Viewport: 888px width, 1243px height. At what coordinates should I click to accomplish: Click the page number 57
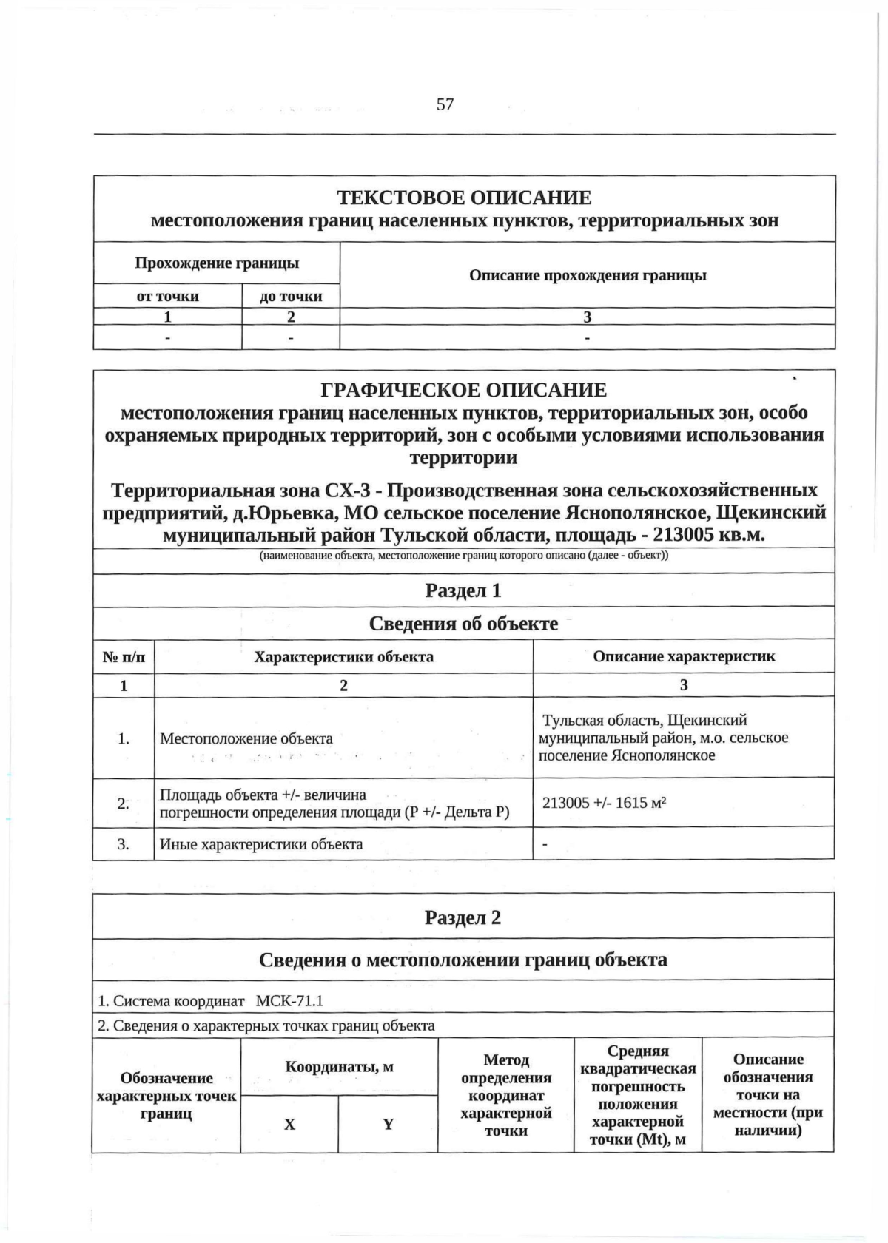(x=445, y=104)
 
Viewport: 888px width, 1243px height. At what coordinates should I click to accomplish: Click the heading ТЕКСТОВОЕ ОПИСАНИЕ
(x=464, y=198)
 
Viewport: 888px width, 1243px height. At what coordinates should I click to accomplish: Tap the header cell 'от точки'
(x=168, y=296)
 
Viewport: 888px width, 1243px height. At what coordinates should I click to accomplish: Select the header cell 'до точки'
(x=291, y=296)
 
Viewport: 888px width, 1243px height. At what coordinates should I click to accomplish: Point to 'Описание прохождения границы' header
(x=588, y=275)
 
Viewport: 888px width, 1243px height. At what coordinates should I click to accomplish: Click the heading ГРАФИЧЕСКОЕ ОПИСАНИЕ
(x=464, y=389)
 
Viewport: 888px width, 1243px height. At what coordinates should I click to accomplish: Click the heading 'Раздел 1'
(x=463, y=590)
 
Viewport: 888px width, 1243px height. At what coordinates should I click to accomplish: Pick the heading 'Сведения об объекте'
(x=463, y=623)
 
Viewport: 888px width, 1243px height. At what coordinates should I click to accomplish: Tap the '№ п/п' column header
(x=124, y=656)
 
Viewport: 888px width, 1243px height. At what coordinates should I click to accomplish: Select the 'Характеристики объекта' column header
(x=343, y=656)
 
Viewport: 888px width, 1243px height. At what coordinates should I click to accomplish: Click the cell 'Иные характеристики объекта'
(x=261, y=843)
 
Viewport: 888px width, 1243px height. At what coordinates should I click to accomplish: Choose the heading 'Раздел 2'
(x=463, y=917)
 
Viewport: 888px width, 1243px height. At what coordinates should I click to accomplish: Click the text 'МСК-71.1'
(x=289, y=1001)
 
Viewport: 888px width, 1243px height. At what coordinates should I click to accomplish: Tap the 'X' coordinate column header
(x=289, y=1124)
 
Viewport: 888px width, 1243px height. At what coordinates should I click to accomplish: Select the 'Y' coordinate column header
(x=388, y=1124)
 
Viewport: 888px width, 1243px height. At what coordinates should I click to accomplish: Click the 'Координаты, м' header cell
(x=339, y=1066)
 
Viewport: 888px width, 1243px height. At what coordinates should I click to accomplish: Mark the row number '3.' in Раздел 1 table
(x=124, y=843)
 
